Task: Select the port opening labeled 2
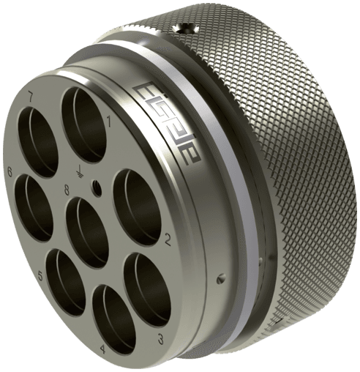138,206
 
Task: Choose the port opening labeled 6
34,207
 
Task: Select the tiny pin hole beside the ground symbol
96,188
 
